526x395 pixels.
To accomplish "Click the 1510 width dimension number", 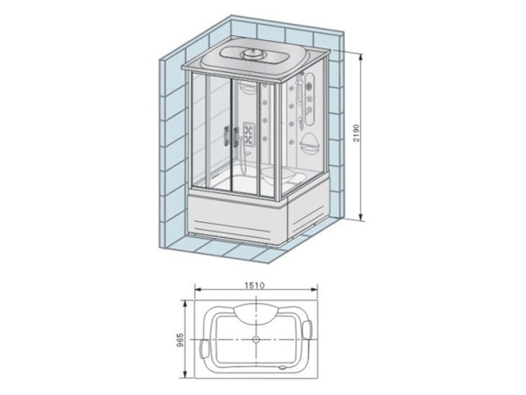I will [x=256, y=286].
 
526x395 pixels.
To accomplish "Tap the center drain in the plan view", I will [x=255, y=338].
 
